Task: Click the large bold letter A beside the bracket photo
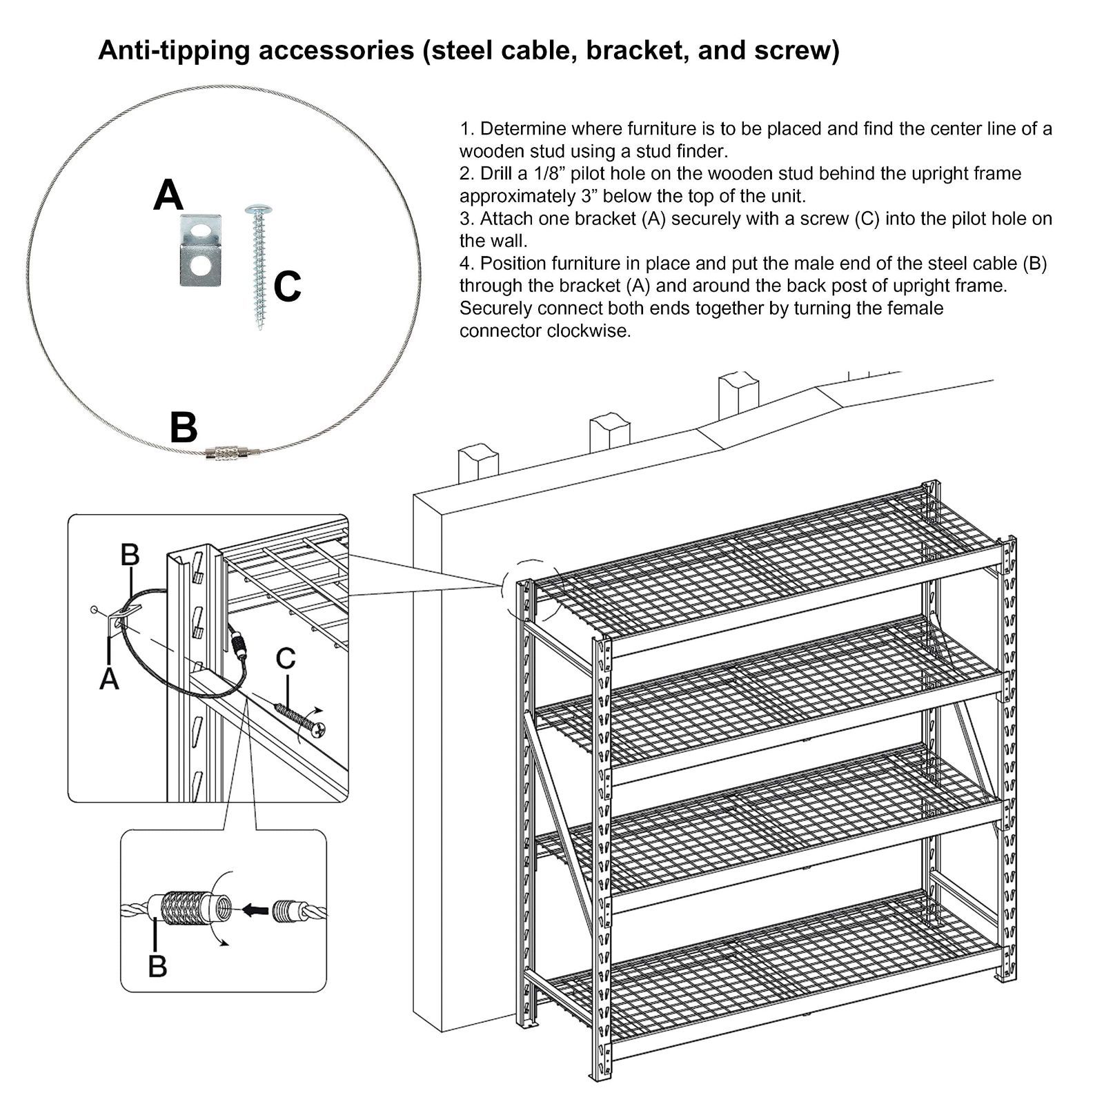168,195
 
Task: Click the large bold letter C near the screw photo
287,286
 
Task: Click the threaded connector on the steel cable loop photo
226,453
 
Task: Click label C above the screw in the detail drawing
285,659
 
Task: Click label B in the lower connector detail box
157,965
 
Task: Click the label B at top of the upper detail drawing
130,554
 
